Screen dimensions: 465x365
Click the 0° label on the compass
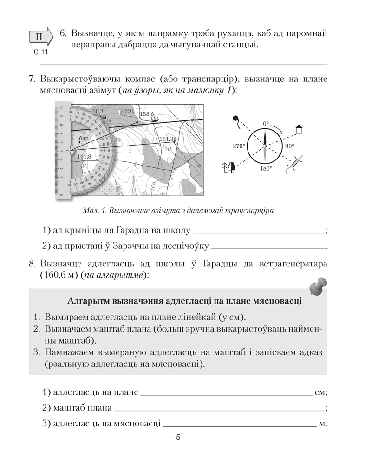tap(266, 124)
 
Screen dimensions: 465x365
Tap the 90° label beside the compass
tap(290, 146)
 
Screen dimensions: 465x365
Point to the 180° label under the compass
tap(266, 169)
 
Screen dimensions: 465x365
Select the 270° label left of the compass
tap(238, 146)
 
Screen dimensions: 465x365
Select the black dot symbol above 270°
tap(235, 118)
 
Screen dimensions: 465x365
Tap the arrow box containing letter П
tap(41, 37)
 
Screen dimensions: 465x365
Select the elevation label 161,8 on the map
tap(84, 157)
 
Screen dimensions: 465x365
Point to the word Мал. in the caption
tap(89, 211)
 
